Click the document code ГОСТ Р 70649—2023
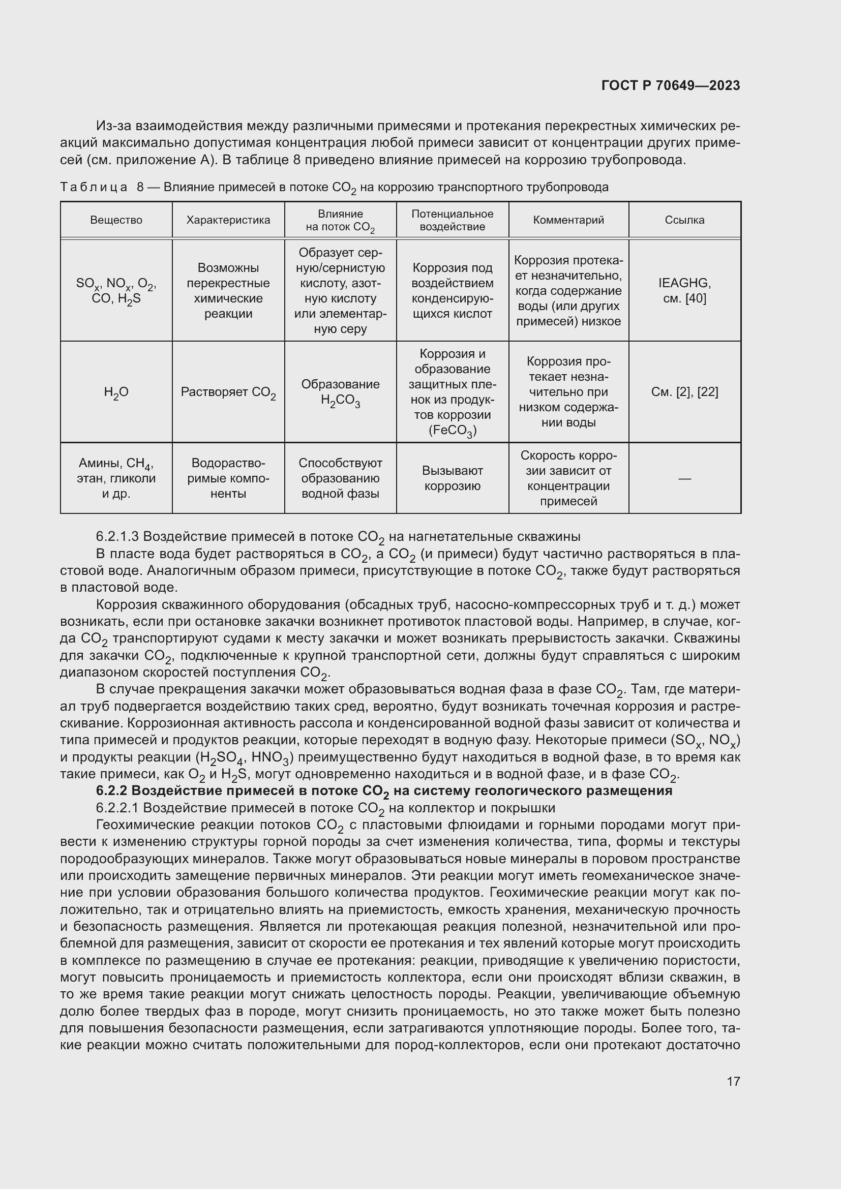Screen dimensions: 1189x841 coord(671,86)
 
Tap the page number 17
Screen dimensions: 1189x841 coord(733,1081)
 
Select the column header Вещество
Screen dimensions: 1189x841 coord(116,220)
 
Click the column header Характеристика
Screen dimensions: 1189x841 coord(228,220)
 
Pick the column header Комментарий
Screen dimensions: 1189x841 coord(568,220)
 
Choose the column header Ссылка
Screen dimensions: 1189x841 coord(684,220)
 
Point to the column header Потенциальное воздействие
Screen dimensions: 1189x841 coord(452,220)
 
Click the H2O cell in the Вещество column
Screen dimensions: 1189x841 coord(116,392)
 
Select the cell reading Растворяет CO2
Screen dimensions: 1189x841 coord(228,392)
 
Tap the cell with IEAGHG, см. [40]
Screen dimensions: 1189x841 coord(684,291)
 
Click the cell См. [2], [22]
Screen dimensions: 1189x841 coord(684,392)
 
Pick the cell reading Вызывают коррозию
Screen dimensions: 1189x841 coord(452,478)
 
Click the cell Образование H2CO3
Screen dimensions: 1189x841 coord(340,392)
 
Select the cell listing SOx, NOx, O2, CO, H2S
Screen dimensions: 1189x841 coord(116,291)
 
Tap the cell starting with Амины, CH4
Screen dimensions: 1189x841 coord(116,478)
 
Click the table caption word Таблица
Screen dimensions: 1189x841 coord(94,188)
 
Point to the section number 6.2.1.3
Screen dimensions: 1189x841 coord(117,536)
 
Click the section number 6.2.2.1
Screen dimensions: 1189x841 coord(117,808)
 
